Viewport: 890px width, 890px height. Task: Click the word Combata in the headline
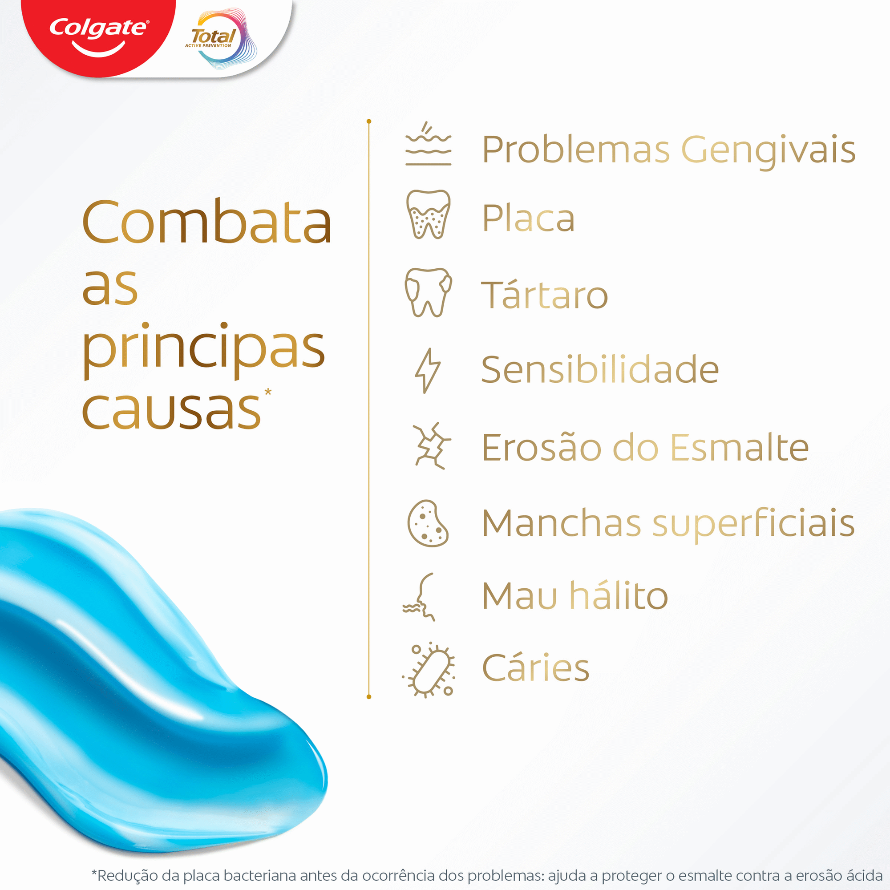[x=206, y=222]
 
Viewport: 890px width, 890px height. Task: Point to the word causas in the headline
[x=171, y=409]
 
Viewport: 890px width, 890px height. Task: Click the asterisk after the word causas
[x=267, y=392]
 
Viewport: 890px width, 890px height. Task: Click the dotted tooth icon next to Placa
[x=428, y=214]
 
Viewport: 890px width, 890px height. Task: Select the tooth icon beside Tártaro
[x=428, y=292]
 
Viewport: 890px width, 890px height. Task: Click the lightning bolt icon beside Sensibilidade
[x=427, y=370]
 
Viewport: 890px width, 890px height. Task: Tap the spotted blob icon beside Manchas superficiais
[x=428, y=524]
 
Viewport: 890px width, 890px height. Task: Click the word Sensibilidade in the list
[x=599, y=370]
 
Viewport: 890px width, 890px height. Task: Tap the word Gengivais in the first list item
[x=768, y=150]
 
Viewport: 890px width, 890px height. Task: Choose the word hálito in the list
[x=619, y=596]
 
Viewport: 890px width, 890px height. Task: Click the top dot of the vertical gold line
[x=368, y=121]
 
